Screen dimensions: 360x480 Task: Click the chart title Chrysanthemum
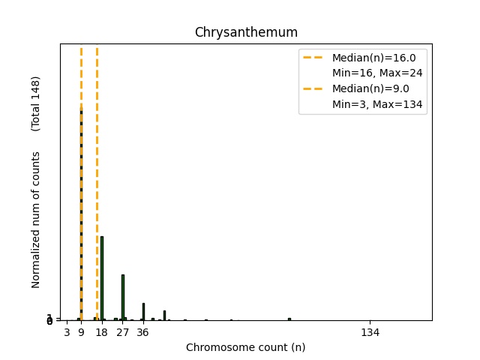[246, 32]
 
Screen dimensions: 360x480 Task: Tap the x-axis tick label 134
[370, 332]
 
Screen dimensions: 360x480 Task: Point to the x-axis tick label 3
[67, 332]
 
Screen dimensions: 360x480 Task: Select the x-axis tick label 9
[81, 332]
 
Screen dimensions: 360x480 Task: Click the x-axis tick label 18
[101, 332]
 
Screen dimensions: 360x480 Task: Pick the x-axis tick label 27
[122, 332]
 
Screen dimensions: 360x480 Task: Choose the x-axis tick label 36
[142, 332]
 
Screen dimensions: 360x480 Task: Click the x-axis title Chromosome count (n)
[246, 347]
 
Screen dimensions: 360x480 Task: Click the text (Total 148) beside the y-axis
[36, 103]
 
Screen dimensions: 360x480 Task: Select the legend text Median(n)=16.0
[374, 58]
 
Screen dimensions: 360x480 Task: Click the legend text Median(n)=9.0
[370, 88]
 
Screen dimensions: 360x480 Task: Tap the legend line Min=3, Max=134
[379, 104]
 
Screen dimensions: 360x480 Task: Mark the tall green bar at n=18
[102, 277]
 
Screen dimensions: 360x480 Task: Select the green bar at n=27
[122, 297]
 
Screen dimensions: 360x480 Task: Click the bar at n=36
[143, 311]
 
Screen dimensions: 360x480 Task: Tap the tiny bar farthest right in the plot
[289, 319]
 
